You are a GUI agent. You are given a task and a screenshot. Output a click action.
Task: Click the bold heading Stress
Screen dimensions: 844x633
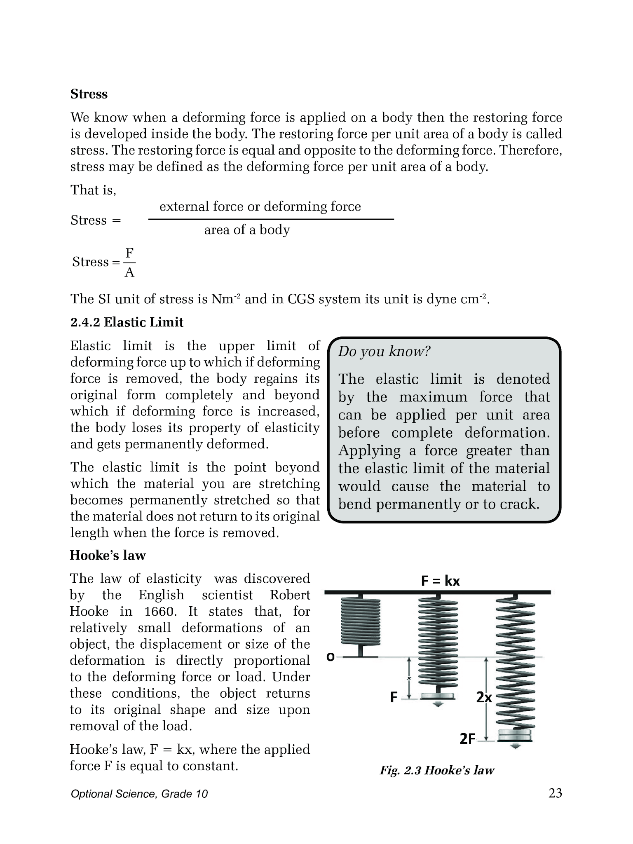tap(89, 94)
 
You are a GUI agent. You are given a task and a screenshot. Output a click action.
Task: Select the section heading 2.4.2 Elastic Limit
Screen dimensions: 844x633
tap(127, 322)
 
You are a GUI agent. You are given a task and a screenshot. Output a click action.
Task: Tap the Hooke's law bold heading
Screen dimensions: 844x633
tap(108, 555)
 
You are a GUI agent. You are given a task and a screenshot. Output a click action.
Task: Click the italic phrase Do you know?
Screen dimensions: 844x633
tap(384, 352)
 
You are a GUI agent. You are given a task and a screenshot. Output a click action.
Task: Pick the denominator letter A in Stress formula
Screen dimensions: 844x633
tap(129, 272)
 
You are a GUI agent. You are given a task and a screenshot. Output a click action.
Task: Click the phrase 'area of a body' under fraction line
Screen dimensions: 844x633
tap(247, 230)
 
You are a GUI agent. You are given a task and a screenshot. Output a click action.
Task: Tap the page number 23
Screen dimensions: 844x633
tap(555, 793)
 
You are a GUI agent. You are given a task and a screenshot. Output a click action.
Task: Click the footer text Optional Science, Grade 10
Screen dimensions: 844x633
tap(139, 794)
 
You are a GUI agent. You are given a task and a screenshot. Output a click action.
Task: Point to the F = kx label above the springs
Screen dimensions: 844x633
tap(440, 581)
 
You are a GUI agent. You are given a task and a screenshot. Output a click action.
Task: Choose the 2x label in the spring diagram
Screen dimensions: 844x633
tap(484, 697)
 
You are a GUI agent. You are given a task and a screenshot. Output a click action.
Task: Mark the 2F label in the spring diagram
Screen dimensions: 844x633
tap(467, 739)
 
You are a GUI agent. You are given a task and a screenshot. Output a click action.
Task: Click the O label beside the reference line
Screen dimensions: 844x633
tap(330, 657)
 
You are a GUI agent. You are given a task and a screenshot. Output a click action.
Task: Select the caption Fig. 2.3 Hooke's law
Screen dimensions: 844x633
tap(437, 770)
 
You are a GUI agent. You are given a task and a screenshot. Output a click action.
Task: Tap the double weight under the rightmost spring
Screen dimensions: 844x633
tap(515, 735)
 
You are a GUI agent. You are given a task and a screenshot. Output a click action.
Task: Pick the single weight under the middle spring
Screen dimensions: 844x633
tap(438, 696)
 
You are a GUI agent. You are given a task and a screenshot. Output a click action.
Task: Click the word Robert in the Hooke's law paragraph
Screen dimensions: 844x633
tap(290, 595)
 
